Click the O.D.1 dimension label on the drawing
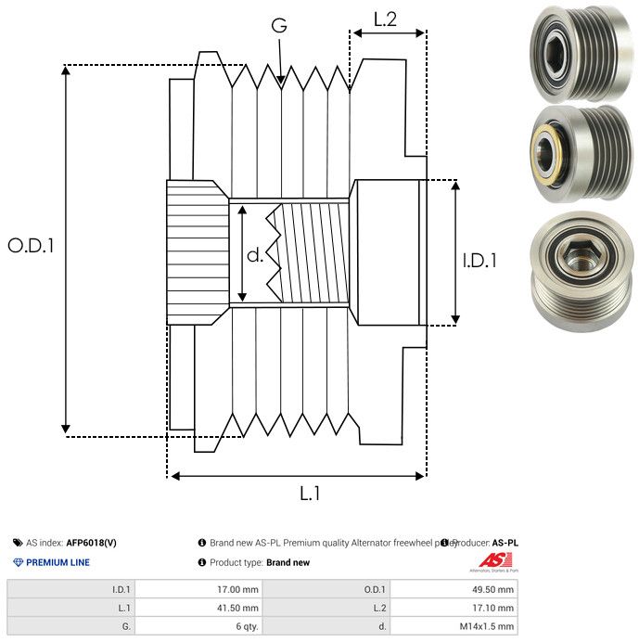tap(32, 246)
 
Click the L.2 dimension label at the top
tap(385, 19)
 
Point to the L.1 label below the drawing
tap(310, 494)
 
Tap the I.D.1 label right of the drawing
tap(479, 261)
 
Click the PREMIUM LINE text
tap(58, 562)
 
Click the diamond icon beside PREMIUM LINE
tap(18, 562)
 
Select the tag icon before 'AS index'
tap(18, 543)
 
